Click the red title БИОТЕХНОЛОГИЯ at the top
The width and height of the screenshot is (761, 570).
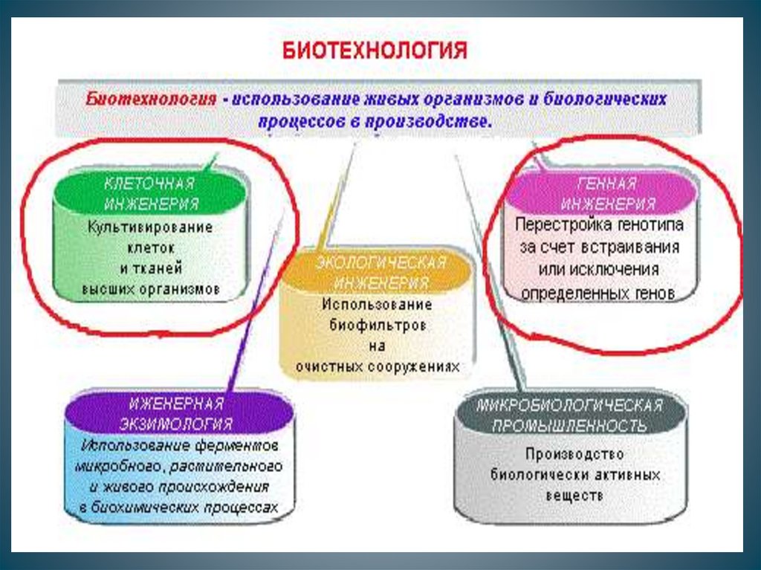pyautogui.click(x=374, y=51)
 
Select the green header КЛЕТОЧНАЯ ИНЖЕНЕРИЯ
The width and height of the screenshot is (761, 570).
pyautogui.click(x=150, y=193)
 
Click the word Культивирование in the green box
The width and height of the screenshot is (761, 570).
pyautogui.click(x=150, y=227)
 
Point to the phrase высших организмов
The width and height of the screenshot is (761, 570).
pyautogui.click(x=150, y=288)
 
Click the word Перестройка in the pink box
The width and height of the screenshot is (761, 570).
pyautogui.click(x=564, y=224)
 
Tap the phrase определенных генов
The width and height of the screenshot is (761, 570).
pyautogui.click(x=598, y=293)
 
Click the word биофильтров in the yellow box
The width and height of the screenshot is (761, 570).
pyautogui.click(x=378, y=325)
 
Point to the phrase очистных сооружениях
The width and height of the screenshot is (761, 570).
pyautogui.click(x=378, y=366)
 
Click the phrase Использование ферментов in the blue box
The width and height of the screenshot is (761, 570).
pyautogui.click(x=180, y=447)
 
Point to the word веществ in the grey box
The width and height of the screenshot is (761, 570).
pyautogui.click(x=573, y=493)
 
